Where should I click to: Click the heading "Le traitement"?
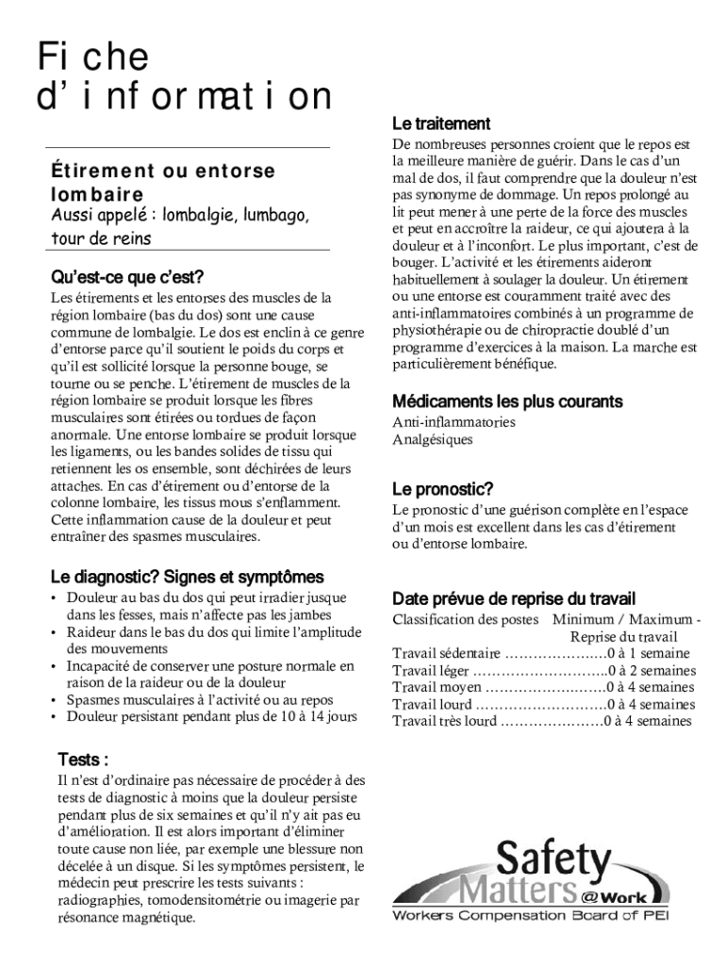click(x=440, y=123)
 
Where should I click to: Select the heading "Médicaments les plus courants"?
click(x=507, y=401)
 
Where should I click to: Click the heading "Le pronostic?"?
click(x=442, y=489)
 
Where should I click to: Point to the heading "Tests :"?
click(x=83, y=760)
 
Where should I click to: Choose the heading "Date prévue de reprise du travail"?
click(x=514, y=598)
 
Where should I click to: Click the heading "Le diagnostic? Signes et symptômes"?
click(x=187, y=576)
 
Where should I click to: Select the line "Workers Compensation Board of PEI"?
click(x=530, y=916)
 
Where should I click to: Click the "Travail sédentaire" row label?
click(x=447, y=653)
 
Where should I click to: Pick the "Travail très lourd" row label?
click(x=444, y=721)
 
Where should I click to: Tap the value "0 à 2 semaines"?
click(x=652, y=670)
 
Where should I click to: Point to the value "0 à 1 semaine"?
click(x=649, y=653)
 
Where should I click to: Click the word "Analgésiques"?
click(x=433, y=439)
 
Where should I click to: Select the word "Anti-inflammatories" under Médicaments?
click(x=454, y=422)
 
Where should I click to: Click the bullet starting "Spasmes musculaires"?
click(x=200, y=699)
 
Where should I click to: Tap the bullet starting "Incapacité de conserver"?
click(x=210, y=665)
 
